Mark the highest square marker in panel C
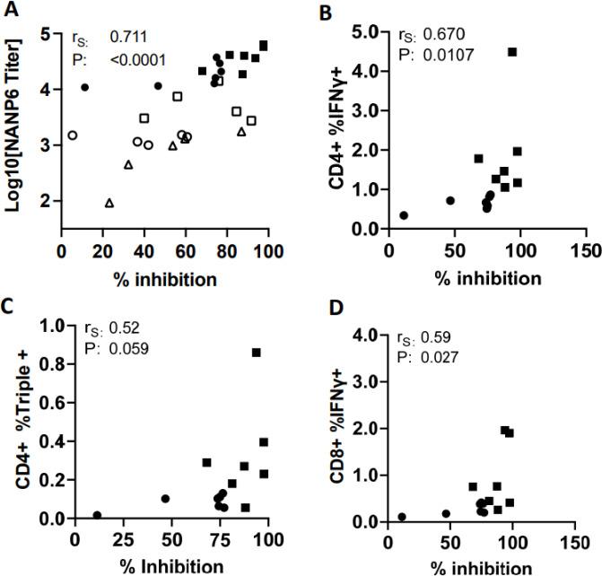coord(257,353)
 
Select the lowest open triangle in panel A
coord(109,203)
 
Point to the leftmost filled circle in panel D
coord(403,517)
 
